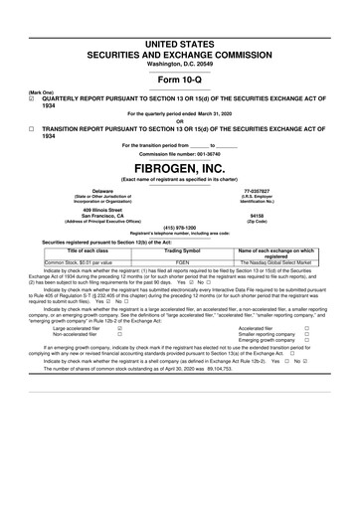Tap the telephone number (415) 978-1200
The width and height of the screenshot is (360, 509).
point(179,228)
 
